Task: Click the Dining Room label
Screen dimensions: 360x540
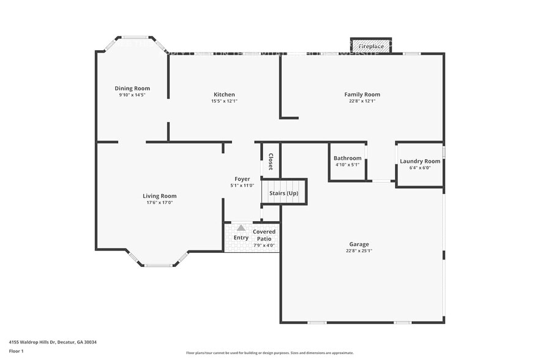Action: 132,88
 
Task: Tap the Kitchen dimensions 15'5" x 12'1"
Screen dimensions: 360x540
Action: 224,101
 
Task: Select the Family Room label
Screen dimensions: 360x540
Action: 362,94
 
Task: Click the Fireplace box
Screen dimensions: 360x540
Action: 371,46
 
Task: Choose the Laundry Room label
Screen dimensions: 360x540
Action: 420,161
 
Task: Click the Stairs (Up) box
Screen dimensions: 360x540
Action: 284,193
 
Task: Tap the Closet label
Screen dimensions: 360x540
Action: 271,161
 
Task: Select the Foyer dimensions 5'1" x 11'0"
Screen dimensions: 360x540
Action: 242,186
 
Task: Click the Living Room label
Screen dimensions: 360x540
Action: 159,196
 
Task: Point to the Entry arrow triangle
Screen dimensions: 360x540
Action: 241,228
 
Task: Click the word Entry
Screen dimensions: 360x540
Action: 241,238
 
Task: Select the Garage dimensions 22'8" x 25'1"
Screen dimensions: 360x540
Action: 359,250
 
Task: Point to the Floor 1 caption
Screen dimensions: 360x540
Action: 16,351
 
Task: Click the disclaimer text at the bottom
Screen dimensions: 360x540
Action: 269,353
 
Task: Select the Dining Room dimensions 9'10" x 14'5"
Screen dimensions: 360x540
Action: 132,95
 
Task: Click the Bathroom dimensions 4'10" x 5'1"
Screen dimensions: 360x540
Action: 347,165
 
